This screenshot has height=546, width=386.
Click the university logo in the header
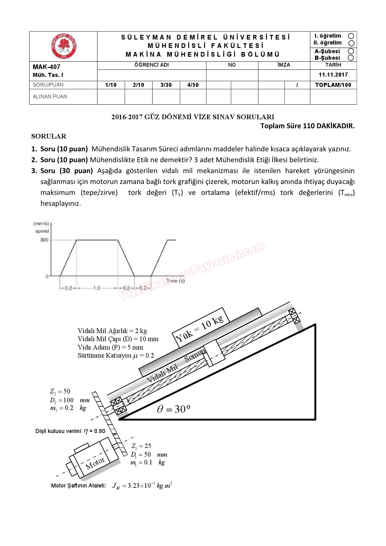pyautogui.click(x=64, y=46)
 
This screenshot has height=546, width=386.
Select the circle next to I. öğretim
pyautogui.click(x=351, y=36)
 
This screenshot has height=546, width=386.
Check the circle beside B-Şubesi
pyautogui.click(x=351, y=58)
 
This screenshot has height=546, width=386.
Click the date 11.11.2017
pyautogui.click(x=333, y=75)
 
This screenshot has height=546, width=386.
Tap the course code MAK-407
pyautogui.click(x=46, y=67)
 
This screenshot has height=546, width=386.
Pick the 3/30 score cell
pyautogui.click(x=166, y=85)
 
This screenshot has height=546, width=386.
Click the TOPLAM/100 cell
pyautogui.click(x=333, y=85)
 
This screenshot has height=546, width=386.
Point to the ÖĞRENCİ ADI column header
pyautogui.click(x=152, y=65)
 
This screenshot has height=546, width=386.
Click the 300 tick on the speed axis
pyautogui.click(x=44, y=240)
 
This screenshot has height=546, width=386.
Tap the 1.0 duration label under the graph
pyautogui.click(x=96, y=288)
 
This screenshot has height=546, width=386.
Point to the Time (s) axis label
pyautogui.click(x=176, y=281)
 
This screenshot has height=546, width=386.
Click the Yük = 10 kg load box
pyautogui.click(x=200, y=329)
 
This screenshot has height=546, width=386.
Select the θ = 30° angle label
pyautogui.click(x=173, y=409)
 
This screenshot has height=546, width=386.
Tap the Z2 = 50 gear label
pyautogui.click(x=60, y=391)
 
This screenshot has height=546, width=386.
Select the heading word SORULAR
pyautogui.click(x=49, y=136)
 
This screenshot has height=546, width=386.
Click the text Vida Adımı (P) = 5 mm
pyautogui.click(x=110, y=347)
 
